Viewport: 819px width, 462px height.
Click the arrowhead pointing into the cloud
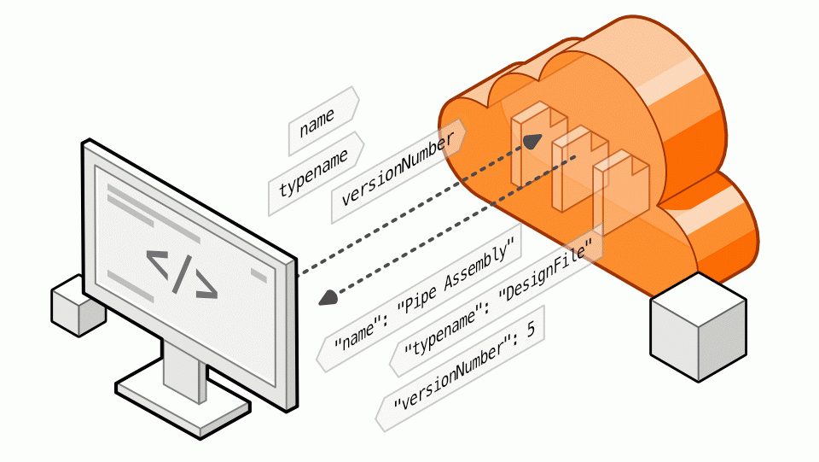point(532,140)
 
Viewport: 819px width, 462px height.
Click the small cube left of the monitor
point(78,304)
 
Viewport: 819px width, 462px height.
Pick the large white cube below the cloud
point(698,328)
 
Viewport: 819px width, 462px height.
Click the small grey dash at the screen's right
point(259,273)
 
